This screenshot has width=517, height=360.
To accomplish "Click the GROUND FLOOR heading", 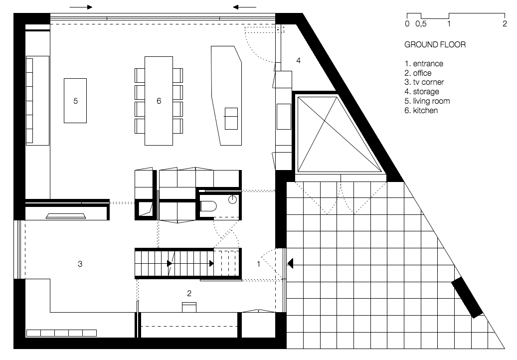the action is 435,44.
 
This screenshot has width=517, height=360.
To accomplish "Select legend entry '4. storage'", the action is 422,91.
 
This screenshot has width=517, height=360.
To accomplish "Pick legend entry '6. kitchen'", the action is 421,110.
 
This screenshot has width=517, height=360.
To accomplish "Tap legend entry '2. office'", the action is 418,73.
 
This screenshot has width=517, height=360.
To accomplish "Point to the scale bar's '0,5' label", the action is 421,24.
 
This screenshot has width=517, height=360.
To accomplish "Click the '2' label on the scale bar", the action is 505,24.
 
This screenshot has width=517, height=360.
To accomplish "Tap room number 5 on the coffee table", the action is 75,101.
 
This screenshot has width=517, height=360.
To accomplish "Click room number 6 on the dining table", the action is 159,101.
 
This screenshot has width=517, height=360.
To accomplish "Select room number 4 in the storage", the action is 299,60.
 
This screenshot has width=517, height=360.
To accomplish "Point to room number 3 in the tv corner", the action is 80,264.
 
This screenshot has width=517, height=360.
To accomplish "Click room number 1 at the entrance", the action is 258,264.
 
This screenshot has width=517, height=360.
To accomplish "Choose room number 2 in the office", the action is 189,293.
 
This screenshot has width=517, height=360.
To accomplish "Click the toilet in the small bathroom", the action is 208,206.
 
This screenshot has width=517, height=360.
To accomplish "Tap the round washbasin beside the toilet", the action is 232,199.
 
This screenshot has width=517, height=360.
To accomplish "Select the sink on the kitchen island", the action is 231,118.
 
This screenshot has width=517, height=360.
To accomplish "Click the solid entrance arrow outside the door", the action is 290,264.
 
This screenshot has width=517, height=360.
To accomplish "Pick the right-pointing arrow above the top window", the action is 81,7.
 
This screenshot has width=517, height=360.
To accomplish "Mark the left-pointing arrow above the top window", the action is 244,7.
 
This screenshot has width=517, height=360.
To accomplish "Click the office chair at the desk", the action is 189,307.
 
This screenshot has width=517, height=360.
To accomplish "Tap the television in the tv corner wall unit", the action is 66,216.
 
